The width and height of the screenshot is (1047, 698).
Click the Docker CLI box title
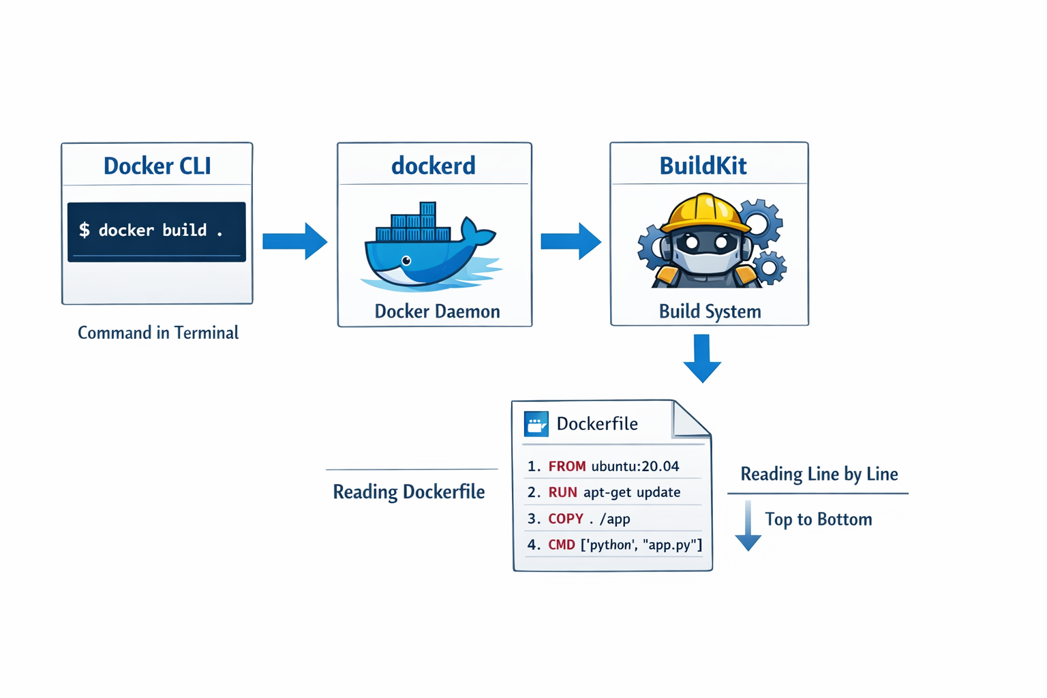pos(157,166)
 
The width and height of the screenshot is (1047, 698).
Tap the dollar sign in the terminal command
pos(85,230)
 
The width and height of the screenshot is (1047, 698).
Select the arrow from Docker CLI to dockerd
pos(294,241)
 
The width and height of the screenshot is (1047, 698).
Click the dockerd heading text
pos(433,166)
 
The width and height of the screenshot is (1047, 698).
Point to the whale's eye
pos(406,260)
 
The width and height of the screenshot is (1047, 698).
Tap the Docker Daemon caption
pos(437,312)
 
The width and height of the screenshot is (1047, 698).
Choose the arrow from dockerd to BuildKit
pos(571,241)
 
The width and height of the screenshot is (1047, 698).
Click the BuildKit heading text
pos(703,166)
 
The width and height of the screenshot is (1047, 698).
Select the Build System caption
pos(710,312)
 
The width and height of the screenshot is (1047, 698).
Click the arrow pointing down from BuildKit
pos(702,357)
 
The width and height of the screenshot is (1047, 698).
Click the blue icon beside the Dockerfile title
pos(536,423)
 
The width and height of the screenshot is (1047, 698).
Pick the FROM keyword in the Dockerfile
pos(566,466)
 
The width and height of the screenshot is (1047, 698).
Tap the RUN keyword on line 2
pos(562,492)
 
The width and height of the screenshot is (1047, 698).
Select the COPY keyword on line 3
pos(566,519)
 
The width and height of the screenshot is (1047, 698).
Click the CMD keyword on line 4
pos(562,545)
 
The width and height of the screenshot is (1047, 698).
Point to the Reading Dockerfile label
pos(408,491)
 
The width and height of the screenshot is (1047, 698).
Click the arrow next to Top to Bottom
pos(748,526)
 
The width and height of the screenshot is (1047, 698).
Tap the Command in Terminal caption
pos(158,333)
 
